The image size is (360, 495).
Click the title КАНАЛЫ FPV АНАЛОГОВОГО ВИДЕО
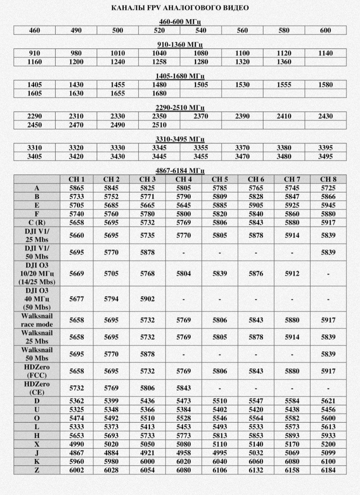tap(180, 8)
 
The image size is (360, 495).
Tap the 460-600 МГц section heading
tap(180, 21)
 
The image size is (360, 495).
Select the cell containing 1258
tap(159, 62)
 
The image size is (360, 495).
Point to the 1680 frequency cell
tap(159, 93)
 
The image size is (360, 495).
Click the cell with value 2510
tap(159, 125)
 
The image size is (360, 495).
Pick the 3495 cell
tap(325, 156)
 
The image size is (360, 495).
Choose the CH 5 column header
tap(220, 179)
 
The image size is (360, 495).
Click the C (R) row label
tap(37, 222)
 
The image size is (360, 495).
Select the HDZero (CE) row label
tap(37, 388)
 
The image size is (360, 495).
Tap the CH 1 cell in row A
tap(77, 188)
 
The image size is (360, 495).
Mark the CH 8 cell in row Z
tap(328, 470)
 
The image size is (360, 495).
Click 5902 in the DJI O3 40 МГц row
tap(147, 299)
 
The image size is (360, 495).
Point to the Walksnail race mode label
tap(37, 320)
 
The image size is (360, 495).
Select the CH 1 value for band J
tap(77, 453)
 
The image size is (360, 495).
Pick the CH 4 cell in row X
tap(183, 444)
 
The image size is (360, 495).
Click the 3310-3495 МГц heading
tap(180, 139)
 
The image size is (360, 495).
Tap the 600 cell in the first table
tap(325, 31)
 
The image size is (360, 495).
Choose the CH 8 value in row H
tap(328, 435)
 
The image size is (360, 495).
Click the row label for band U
tap(37, 410)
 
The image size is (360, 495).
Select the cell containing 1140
tap(325, 53)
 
